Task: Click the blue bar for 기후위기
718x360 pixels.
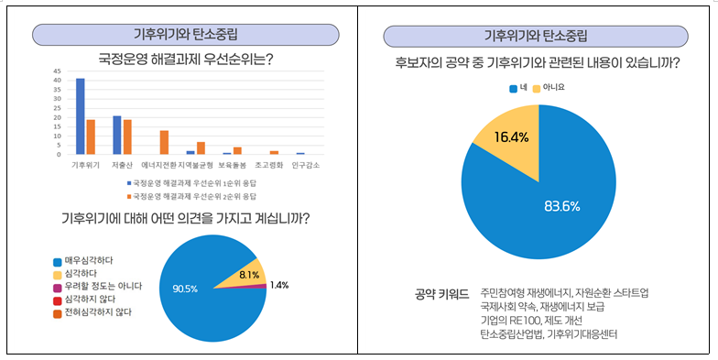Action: point(81,116)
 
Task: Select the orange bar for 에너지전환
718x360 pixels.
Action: point(164,142)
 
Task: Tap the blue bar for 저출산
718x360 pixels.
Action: point(117,135)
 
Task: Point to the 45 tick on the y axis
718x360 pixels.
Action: point(57,71)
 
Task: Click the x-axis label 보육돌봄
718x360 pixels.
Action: point(232,166)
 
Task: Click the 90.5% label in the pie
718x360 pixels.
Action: point(186,289)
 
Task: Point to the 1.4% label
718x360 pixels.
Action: point(279,285)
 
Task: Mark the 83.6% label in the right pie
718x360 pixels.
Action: point(561,206)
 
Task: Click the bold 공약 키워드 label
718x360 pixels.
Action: point(441,294)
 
